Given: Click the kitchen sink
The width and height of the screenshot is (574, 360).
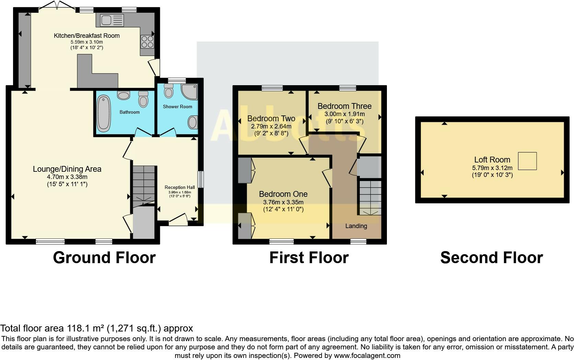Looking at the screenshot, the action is point(112,20).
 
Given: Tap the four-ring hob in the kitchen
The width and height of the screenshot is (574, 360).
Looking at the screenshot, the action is point(147,42).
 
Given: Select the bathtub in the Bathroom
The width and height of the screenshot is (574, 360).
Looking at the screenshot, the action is point(104,113).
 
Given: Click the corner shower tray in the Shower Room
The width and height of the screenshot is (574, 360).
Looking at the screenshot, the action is point(190,92).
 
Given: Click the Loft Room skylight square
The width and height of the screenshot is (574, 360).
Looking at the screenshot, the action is point(527,161).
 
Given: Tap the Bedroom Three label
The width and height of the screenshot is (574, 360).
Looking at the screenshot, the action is point(344,106).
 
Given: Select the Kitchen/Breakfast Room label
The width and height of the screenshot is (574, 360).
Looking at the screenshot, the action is point(87,36).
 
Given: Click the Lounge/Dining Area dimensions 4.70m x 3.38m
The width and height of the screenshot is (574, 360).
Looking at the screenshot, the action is point(67,177).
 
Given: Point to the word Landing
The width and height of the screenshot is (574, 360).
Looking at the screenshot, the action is point(356,226).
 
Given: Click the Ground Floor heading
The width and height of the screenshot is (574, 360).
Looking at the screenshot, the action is point(104,257).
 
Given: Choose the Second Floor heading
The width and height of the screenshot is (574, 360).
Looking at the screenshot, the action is point(492,257).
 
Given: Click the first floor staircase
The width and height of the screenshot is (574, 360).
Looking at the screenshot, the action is point(370,198).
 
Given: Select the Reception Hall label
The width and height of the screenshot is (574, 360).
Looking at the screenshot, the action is point(180,188).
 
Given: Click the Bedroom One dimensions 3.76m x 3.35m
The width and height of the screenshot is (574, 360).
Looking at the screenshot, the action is point(283,202).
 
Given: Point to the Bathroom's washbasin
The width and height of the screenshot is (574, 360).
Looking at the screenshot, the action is point(124,95).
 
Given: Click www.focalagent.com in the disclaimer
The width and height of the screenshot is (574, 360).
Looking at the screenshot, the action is point(367,356).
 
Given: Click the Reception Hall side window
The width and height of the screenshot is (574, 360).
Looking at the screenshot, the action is point(201,180).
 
